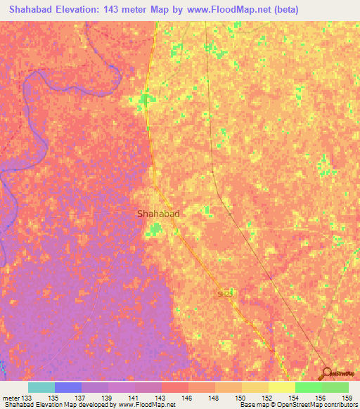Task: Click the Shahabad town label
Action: point(158,214)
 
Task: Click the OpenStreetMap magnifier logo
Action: point(328,374)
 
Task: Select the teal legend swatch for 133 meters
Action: point(41,387)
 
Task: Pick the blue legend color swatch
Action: point(67,387)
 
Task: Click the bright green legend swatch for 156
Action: point(308,387)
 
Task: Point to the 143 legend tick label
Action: point(161,398)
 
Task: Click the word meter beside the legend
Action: point(12,398)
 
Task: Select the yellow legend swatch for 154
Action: point(281,387)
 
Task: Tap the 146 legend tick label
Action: point(188,398)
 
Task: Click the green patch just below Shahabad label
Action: point(155,228)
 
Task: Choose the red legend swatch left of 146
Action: point(174,387)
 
